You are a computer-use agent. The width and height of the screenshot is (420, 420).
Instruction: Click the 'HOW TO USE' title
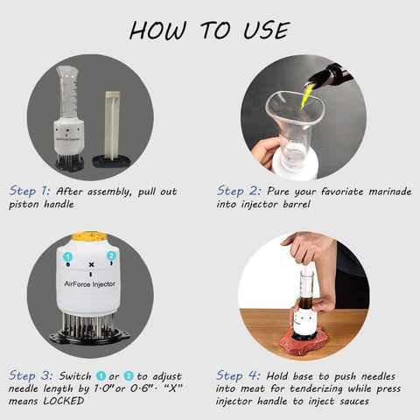(209, 31)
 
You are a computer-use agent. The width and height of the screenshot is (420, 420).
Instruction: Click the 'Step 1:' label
(30, 191)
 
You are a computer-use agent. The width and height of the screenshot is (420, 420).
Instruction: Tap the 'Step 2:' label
(239, 191)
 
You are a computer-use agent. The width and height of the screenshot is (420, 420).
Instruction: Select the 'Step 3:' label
(31, 375)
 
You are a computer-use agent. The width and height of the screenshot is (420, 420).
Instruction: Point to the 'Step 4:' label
(238, 375)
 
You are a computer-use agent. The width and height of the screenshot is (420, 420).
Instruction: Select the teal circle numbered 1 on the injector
(68, 257)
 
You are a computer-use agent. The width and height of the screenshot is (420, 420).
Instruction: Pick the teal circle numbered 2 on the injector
(111, 255)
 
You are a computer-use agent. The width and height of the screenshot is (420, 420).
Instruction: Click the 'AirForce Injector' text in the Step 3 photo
(90, 283)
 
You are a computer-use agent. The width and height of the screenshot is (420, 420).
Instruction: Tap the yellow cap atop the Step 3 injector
(90, 235)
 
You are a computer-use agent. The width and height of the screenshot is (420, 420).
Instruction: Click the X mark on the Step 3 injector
(91, 264)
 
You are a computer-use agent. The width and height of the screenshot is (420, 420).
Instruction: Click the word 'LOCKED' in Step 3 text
(64, 401)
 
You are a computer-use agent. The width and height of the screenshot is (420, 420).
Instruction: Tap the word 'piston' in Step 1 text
(24, 205)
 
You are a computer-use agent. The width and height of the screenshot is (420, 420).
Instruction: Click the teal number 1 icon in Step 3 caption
(101, 376)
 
